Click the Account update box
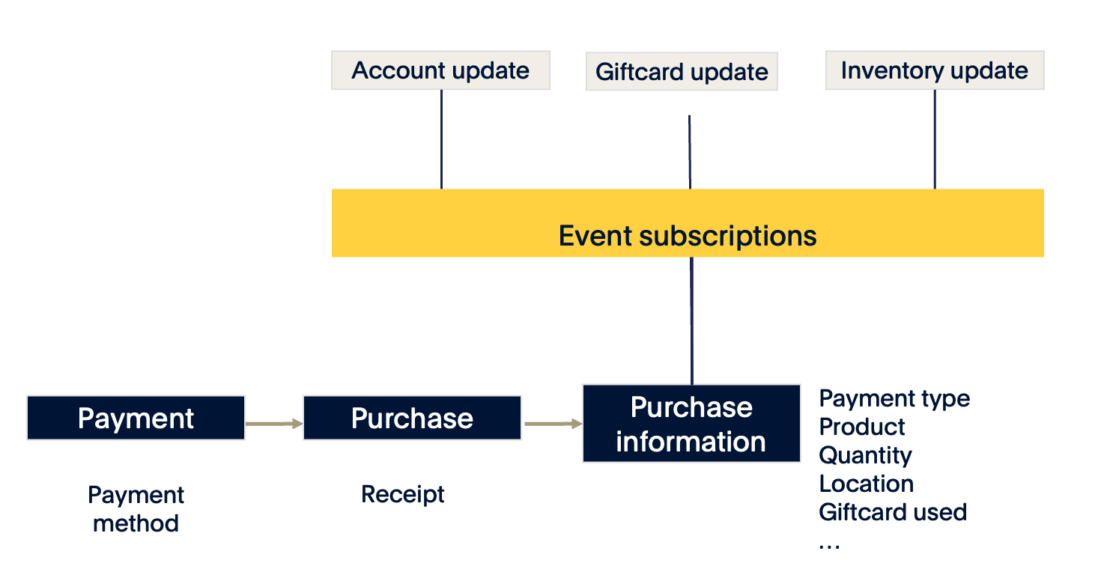click(440, 70)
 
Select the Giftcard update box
click(682, 72)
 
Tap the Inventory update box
click(934, 70)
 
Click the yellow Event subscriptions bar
click(688, 223)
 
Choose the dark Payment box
click(136, 418)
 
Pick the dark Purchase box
click(412, 418)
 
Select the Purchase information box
click(691, 424)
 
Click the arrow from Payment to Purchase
click(273, 424)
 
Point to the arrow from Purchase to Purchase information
click(552, 424)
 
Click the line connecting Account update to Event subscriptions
click(441, 139)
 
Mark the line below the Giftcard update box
click(689, 151)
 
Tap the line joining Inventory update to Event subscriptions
click(935, 139)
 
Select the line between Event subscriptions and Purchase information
click(691, 320)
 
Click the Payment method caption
click(136, 509)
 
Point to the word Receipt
click(403, 494)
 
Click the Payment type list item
click(894, 398)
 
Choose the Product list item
click(862, 427)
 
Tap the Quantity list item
click(865, 455)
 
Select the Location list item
click(866, 484)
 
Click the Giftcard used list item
click(893, 512)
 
